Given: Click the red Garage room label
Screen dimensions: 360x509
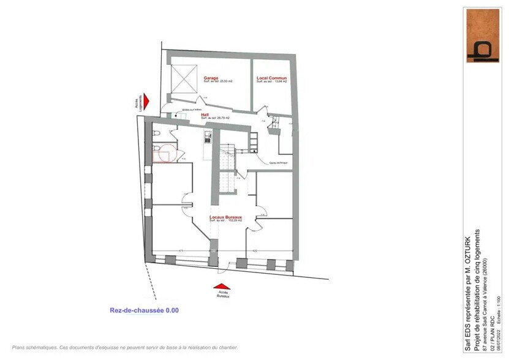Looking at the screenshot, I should [211, 78].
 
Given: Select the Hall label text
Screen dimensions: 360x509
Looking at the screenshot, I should [205, 114].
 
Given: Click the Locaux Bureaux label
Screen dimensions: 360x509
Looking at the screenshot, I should [226, 217].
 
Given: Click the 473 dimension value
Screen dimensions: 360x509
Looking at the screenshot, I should [181, 251].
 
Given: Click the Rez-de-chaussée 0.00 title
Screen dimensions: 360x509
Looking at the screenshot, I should [144, 310].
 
